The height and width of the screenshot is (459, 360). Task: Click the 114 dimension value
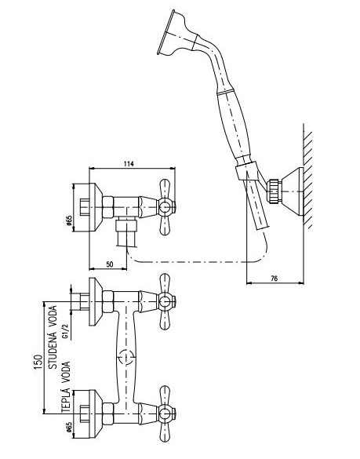129,164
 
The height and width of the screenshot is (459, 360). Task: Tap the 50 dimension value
110,264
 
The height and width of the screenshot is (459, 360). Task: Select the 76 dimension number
275,279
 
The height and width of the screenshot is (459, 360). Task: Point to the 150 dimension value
38,362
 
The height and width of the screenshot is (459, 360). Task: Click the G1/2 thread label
66,331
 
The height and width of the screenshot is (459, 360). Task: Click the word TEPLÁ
66,399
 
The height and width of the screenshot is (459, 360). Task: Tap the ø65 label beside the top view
69,221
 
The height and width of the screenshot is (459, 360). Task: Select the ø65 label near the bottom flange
69,428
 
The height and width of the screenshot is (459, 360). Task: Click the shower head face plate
165,32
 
